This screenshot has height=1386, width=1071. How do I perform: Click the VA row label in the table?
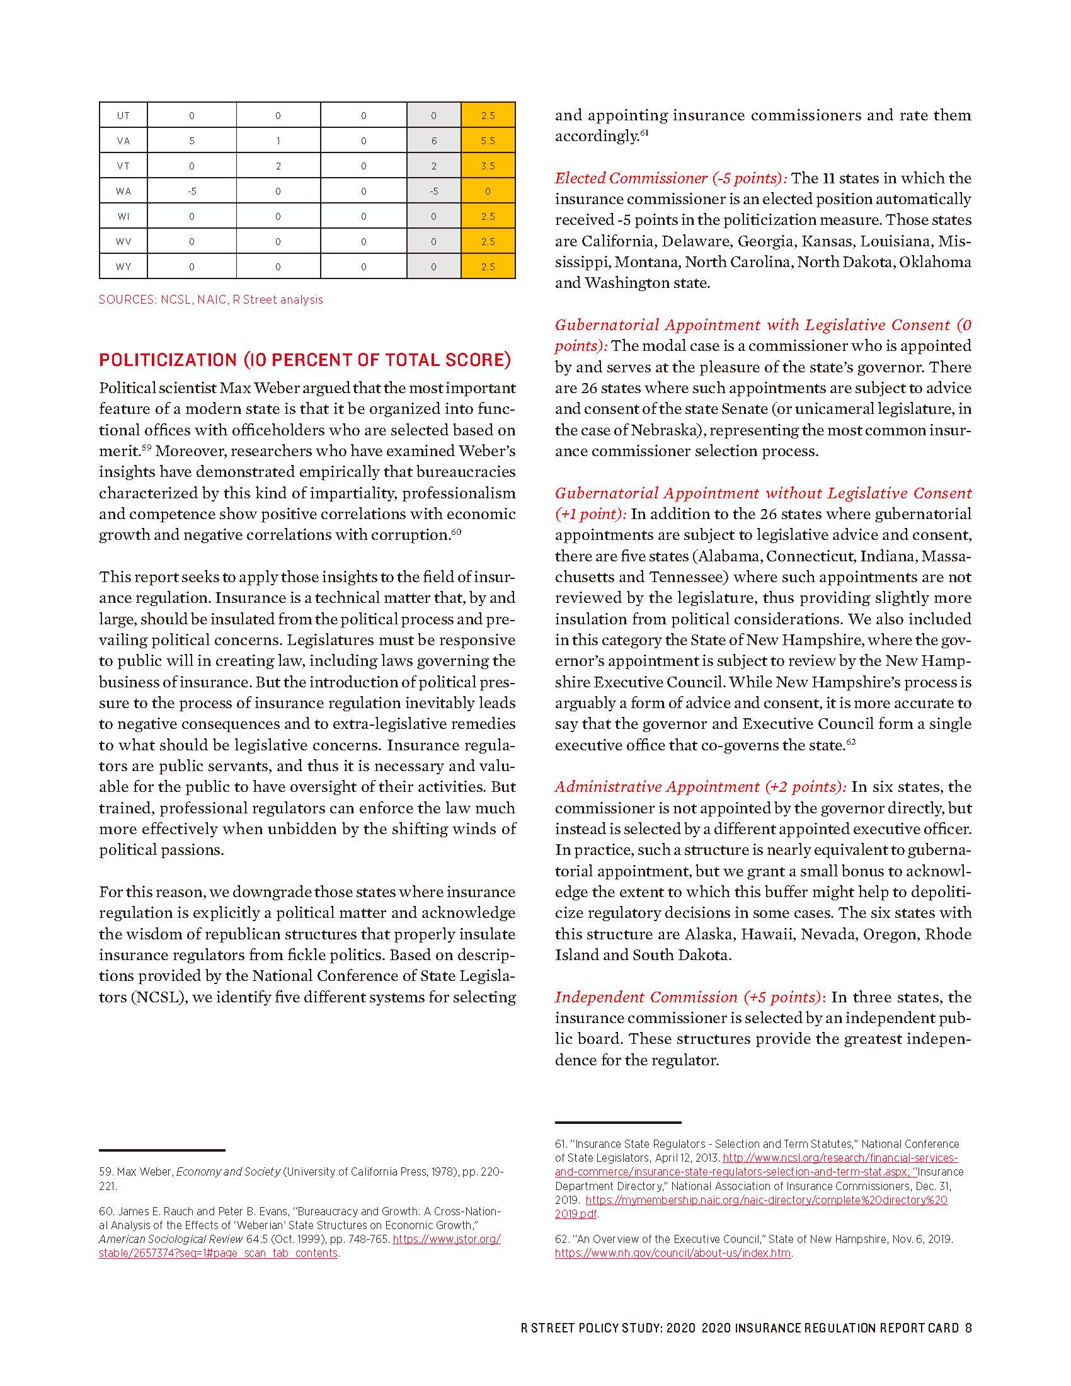[x=123, y=141]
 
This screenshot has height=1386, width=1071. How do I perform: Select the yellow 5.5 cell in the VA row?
[x=488, y=141]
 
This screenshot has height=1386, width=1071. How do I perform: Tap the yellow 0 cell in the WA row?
[x=488, y=191]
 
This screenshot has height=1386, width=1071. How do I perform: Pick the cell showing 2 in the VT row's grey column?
[x=434, y=166]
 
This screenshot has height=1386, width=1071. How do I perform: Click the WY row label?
[x=123, y=266]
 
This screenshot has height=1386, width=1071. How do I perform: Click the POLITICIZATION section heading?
[x=304, y=360]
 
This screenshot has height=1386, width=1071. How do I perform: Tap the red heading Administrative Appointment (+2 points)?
[x=701, y=787]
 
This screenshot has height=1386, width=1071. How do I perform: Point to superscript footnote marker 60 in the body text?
[x=456, y=532]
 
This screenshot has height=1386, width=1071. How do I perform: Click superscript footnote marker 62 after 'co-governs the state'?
[x=852, y=742]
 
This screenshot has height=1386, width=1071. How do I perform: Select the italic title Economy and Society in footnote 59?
[x=229, y=1172]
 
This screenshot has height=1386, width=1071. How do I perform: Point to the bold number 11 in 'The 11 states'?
[x=828, y=178]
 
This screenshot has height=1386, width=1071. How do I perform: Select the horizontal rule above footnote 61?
[x=618, y=1123]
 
